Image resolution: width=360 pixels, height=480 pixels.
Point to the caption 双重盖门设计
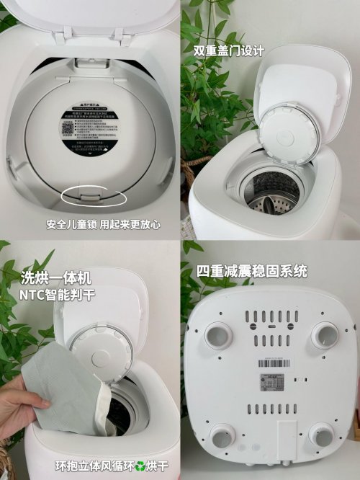coord(229,51)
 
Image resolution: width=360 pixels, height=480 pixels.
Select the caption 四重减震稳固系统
coord(252,272)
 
